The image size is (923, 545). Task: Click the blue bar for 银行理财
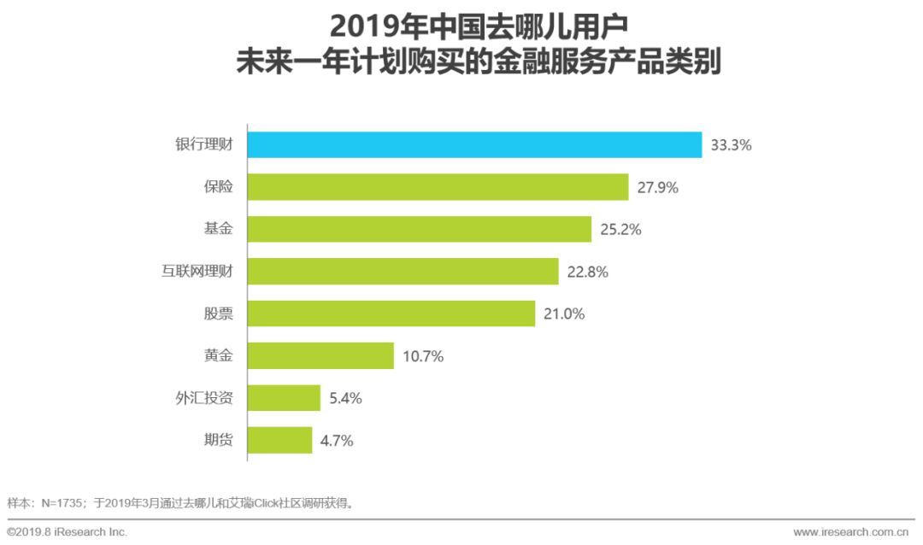(x=474, y=145)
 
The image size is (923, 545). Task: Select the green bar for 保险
(x=438, y=187)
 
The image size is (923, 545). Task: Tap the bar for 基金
(x=419, y=229)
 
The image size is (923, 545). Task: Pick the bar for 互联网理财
(x=403, y=272)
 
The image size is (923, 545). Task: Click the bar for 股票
(x=391, y=314)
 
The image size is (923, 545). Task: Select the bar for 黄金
(x=320, y=356)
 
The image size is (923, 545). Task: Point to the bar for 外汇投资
(x=284, y=398)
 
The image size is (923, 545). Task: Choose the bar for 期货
(x=279, y=441)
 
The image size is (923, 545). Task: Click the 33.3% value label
(x=731, y=145)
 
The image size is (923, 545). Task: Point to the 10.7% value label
(x=422, y=356)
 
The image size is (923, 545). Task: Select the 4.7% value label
(x=336, y=441)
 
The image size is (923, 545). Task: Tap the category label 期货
(x=218, y=441)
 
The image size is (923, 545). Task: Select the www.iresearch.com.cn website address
(x=853, y=532)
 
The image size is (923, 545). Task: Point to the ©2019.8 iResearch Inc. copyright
(x=67, y=532)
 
